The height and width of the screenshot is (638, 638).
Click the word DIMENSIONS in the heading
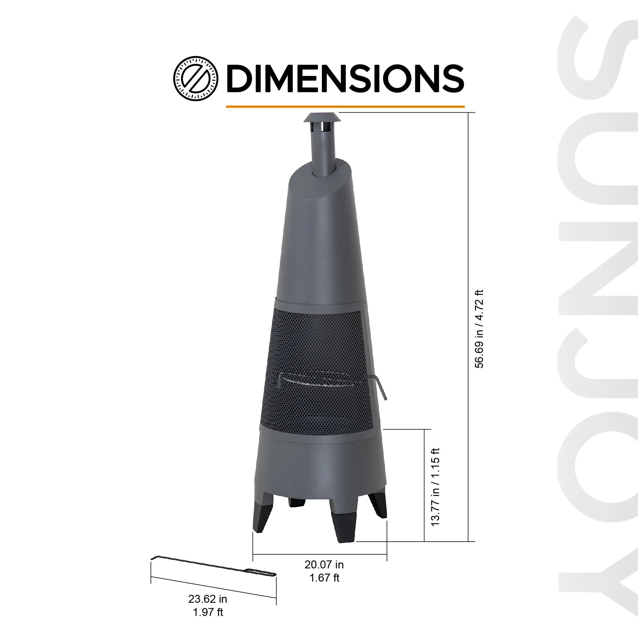(345, 78)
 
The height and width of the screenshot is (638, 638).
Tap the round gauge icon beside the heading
(196, 78)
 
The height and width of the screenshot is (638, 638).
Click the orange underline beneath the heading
(345, 107)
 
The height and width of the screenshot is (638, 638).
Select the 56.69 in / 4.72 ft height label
(479, 329)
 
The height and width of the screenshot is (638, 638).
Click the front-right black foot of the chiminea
(344, 525)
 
